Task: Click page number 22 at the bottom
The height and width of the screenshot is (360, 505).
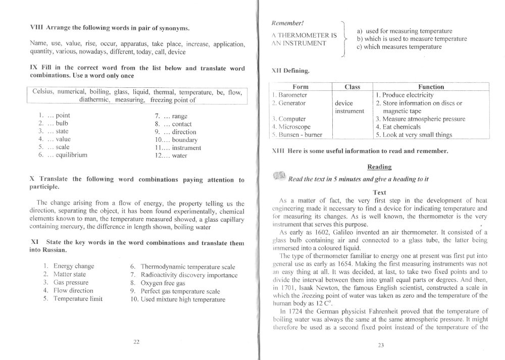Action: coord(136,342)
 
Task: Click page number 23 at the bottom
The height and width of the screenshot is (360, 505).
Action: coord(380,345)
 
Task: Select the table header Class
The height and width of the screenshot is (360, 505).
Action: coord(351,87)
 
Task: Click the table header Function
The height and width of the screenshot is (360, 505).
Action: coord(431,87)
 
